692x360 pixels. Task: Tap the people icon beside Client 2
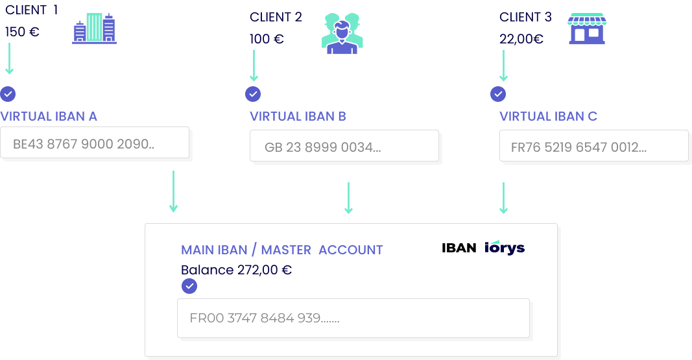coord(342,34)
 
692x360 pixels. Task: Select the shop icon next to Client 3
coord(587,29)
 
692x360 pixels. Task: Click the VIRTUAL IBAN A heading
coord(49,117)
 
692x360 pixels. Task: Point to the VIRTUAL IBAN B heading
coord(298,117)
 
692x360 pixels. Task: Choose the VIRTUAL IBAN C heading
coord(548,117)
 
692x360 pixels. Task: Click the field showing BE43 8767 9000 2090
coord(95,143)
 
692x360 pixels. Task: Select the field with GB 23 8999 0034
coord(344,146)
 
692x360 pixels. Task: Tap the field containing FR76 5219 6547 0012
coord(593,146)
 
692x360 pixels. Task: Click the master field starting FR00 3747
coord(353,318)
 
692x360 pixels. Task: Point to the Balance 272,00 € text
coord(236,270)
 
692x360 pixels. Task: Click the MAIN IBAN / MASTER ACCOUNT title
coord(281,250)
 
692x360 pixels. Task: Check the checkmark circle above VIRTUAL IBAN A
coord(8,94)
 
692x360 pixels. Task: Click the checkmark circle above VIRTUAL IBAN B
coord(253,94)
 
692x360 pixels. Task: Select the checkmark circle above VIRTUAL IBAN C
coord(497,94)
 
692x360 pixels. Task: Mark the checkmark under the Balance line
coord(189,286)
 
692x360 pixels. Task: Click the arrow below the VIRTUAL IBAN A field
coord(173,192)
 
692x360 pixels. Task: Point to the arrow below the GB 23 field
coord(348,198)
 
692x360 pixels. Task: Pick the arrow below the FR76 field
coord(503,198)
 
